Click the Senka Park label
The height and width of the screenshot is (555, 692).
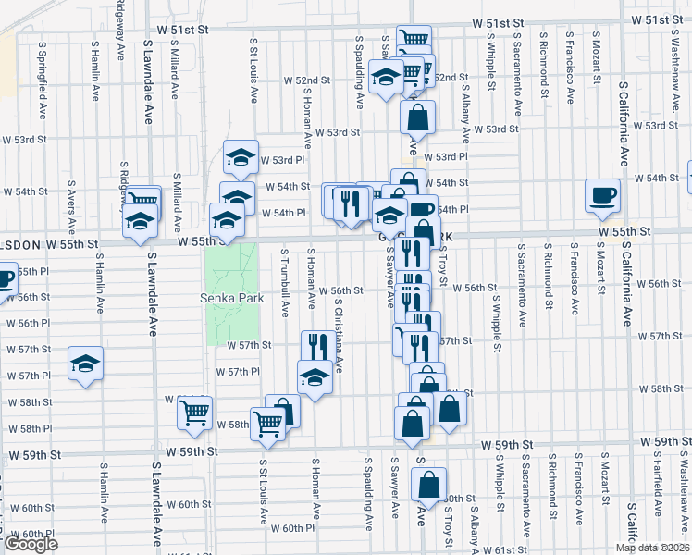point(232,298)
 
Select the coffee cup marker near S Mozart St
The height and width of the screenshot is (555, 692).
point(603,195)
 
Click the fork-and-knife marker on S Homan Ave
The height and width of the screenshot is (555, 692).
point(315,346)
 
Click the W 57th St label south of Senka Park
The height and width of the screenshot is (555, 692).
point(250,345)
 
